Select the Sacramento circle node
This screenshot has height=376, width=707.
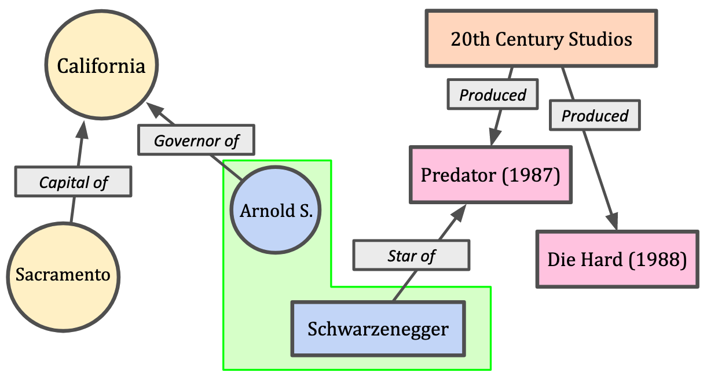(63, 275)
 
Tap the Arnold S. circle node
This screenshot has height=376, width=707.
(276, 210)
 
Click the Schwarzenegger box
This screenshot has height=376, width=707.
(378, 329)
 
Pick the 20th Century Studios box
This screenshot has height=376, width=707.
(541, 39)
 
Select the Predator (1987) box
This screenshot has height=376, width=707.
(490, 175)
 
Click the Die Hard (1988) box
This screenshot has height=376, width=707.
(617, 259)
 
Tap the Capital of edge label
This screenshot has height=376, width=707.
(74, 183)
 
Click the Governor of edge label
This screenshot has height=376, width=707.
(196, 140)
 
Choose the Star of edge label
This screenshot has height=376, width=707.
(411, 255)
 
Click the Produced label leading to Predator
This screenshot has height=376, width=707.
(493, 95)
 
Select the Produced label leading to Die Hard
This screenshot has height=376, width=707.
(595, 116)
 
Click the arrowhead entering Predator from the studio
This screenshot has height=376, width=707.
(494, 138)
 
